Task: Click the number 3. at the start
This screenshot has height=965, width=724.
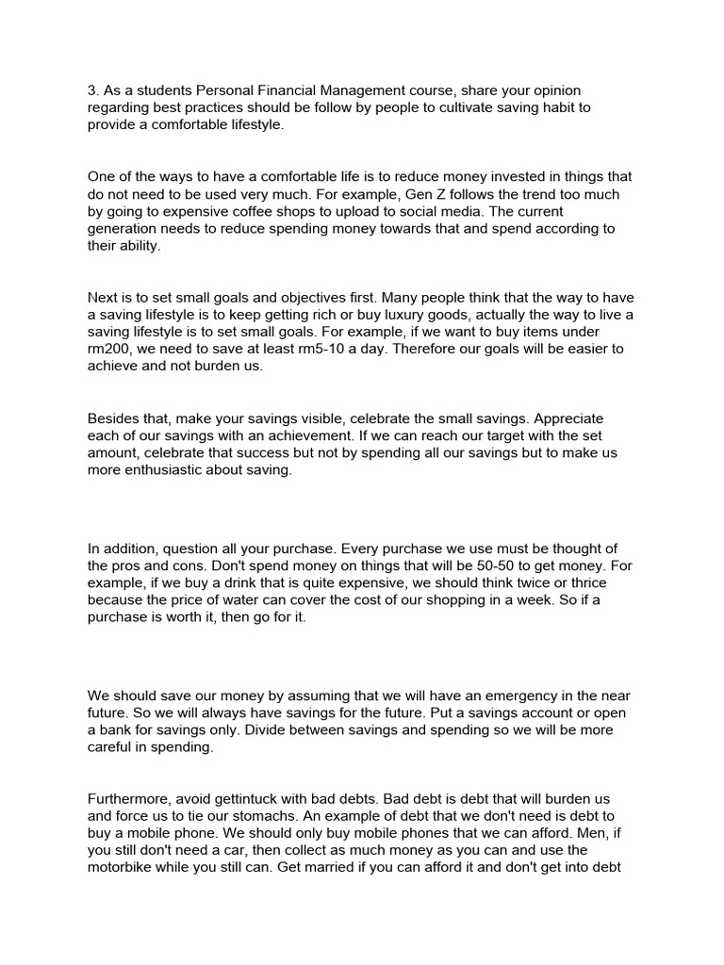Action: [x=93, y=90]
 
